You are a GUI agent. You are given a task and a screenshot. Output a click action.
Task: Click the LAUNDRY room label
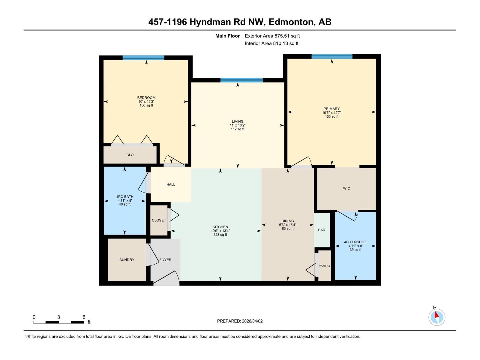click(126, 260)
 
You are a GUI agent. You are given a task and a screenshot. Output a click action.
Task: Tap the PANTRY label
click(324, 266)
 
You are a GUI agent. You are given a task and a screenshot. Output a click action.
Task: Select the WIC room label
click(346, 188)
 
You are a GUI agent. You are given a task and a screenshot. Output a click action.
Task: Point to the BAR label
click(322, 230)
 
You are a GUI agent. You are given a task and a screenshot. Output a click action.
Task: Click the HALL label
click(171, 184)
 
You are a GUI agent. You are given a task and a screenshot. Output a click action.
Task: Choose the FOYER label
click(165, 260)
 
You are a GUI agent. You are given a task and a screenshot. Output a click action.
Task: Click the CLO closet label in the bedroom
click(130, 155)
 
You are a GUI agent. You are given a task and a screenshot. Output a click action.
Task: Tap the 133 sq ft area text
click(331, 117)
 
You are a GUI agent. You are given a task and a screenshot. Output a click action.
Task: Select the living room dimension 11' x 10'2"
click(238, 125)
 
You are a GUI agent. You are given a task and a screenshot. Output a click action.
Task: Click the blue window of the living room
click(241, 80)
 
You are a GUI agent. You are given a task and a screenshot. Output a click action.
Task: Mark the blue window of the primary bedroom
click(332, 56)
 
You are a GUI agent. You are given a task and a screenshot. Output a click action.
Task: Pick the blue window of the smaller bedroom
click(143, 58)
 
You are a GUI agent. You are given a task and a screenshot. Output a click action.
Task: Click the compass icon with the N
click(436, 317)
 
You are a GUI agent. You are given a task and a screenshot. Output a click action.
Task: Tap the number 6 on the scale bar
click(84, 317)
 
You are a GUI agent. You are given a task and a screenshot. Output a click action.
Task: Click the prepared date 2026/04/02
click(251, 321)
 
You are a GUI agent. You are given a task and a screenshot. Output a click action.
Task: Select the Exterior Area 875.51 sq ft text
click(272, 36)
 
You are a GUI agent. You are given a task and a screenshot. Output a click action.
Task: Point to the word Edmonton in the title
click(291, 22)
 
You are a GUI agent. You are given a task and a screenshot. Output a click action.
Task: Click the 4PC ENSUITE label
click(355, 242)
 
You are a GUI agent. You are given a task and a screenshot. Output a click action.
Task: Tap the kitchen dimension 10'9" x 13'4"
click(220, 231)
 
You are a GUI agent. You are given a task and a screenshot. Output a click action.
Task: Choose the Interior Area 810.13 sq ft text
click(271, 43)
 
